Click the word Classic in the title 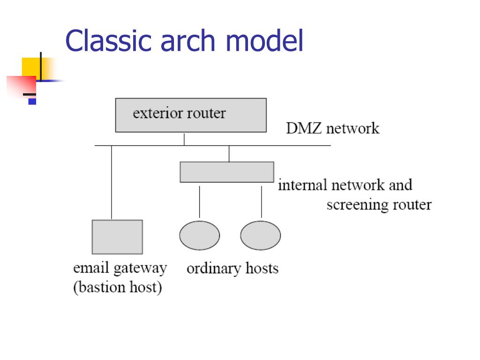click(109, 40)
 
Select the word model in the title click(264, 40)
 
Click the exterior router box click(191, 115)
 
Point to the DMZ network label click(333, 128)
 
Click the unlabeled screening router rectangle click(227, 172)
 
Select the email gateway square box click(117, 237)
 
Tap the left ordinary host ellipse click(200, 235)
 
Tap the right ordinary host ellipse click(261, 235)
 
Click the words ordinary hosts click(232, 269)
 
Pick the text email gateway click(120, 269)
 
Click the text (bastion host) click(118, 287)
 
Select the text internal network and click(345, 185)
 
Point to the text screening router click(379, 204)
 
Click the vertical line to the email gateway click(112, 182)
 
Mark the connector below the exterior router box click(184, 139)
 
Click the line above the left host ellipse click(200, 202)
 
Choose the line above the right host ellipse click(262, 202)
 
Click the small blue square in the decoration click(32, 101)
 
